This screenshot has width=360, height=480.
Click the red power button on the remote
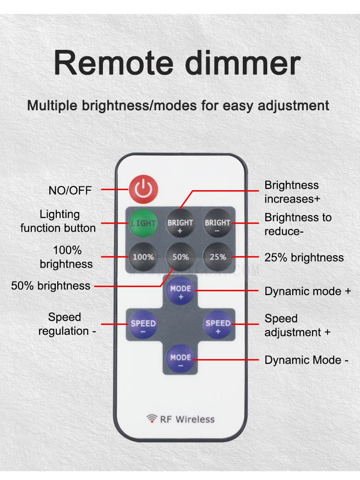coord(143,190)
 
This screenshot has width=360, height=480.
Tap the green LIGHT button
coord(143,223)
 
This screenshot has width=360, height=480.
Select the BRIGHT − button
coord(217,223)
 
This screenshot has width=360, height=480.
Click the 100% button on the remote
coord(143,257)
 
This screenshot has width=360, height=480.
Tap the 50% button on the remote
coord(180,257)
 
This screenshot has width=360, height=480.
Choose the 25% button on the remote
coord(217,257)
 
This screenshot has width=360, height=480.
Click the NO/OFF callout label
coord(70,190)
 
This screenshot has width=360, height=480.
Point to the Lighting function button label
coord(59,221)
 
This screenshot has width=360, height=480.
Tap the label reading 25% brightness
coord(304,258)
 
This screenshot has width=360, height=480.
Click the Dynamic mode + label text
coord(307,291)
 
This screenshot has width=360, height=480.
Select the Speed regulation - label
coord(66,324)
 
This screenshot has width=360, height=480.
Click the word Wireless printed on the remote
coord(195,419)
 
